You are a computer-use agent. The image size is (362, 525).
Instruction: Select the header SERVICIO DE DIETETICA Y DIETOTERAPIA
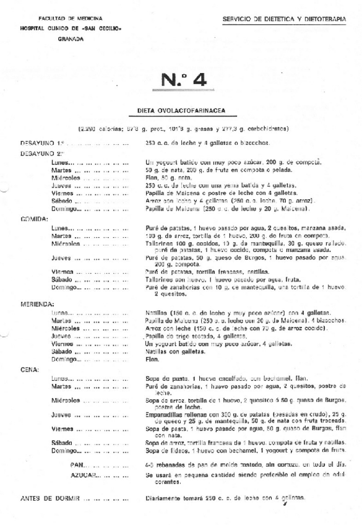[x=284, y=20]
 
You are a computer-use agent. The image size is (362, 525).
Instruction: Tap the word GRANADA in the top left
[x=70, y=38]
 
